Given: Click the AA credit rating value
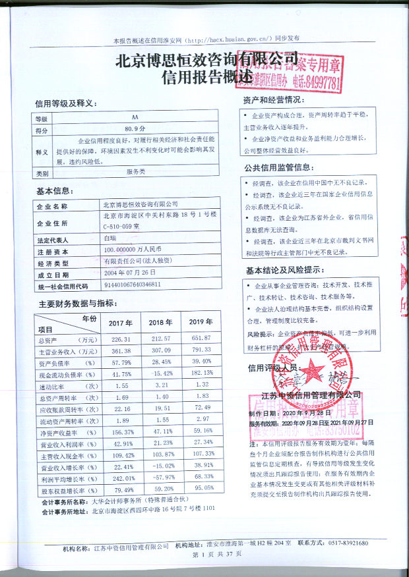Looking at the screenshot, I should tap(135, 119).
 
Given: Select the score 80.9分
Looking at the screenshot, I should tap(135, 130).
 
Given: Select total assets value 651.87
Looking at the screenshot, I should tap(201, 339).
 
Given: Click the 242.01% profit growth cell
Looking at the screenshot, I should tap(120, 477).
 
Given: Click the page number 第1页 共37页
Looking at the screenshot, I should tap(217, 556).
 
